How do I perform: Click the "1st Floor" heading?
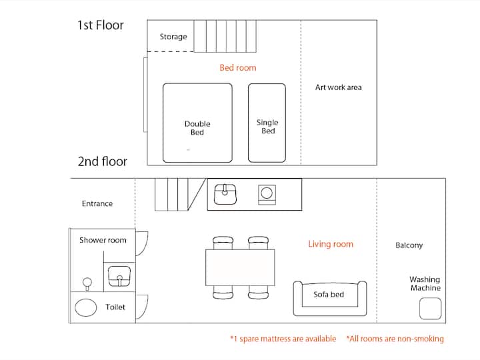pyautogui.click(x=101, y=25)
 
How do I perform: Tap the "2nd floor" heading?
pyautogui.click(x=103, y=161)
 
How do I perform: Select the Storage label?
pyautogui.click(x=173, y=37)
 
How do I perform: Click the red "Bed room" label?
pyautogui.click(x=238, y=67)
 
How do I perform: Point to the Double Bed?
pyautogui.click(x=197, y=123)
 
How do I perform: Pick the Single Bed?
pyautogui.click(x=267, y=123)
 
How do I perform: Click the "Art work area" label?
pyautogui.click(x=338, y=87)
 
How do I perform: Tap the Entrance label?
pyautogui.click(x=97, y=203)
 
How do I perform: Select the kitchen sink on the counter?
pyautogui.click(x=225, y=194)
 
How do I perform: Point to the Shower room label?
pyautogui.click(x=103, y=240)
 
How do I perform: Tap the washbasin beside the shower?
pyautogui.click(x=119, y=276)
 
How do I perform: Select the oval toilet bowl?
pyautogui.click(x=86, y=307)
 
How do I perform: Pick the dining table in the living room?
pyautogui.click(x=240, y=267)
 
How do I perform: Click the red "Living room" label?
pyautogui.click(x=331, y=244)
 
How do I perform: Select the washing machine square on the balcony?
pyautogui.click(x=431, y=309)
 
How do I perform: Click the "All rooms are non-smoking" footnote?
pyautogui.click(x=395, y=339)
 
